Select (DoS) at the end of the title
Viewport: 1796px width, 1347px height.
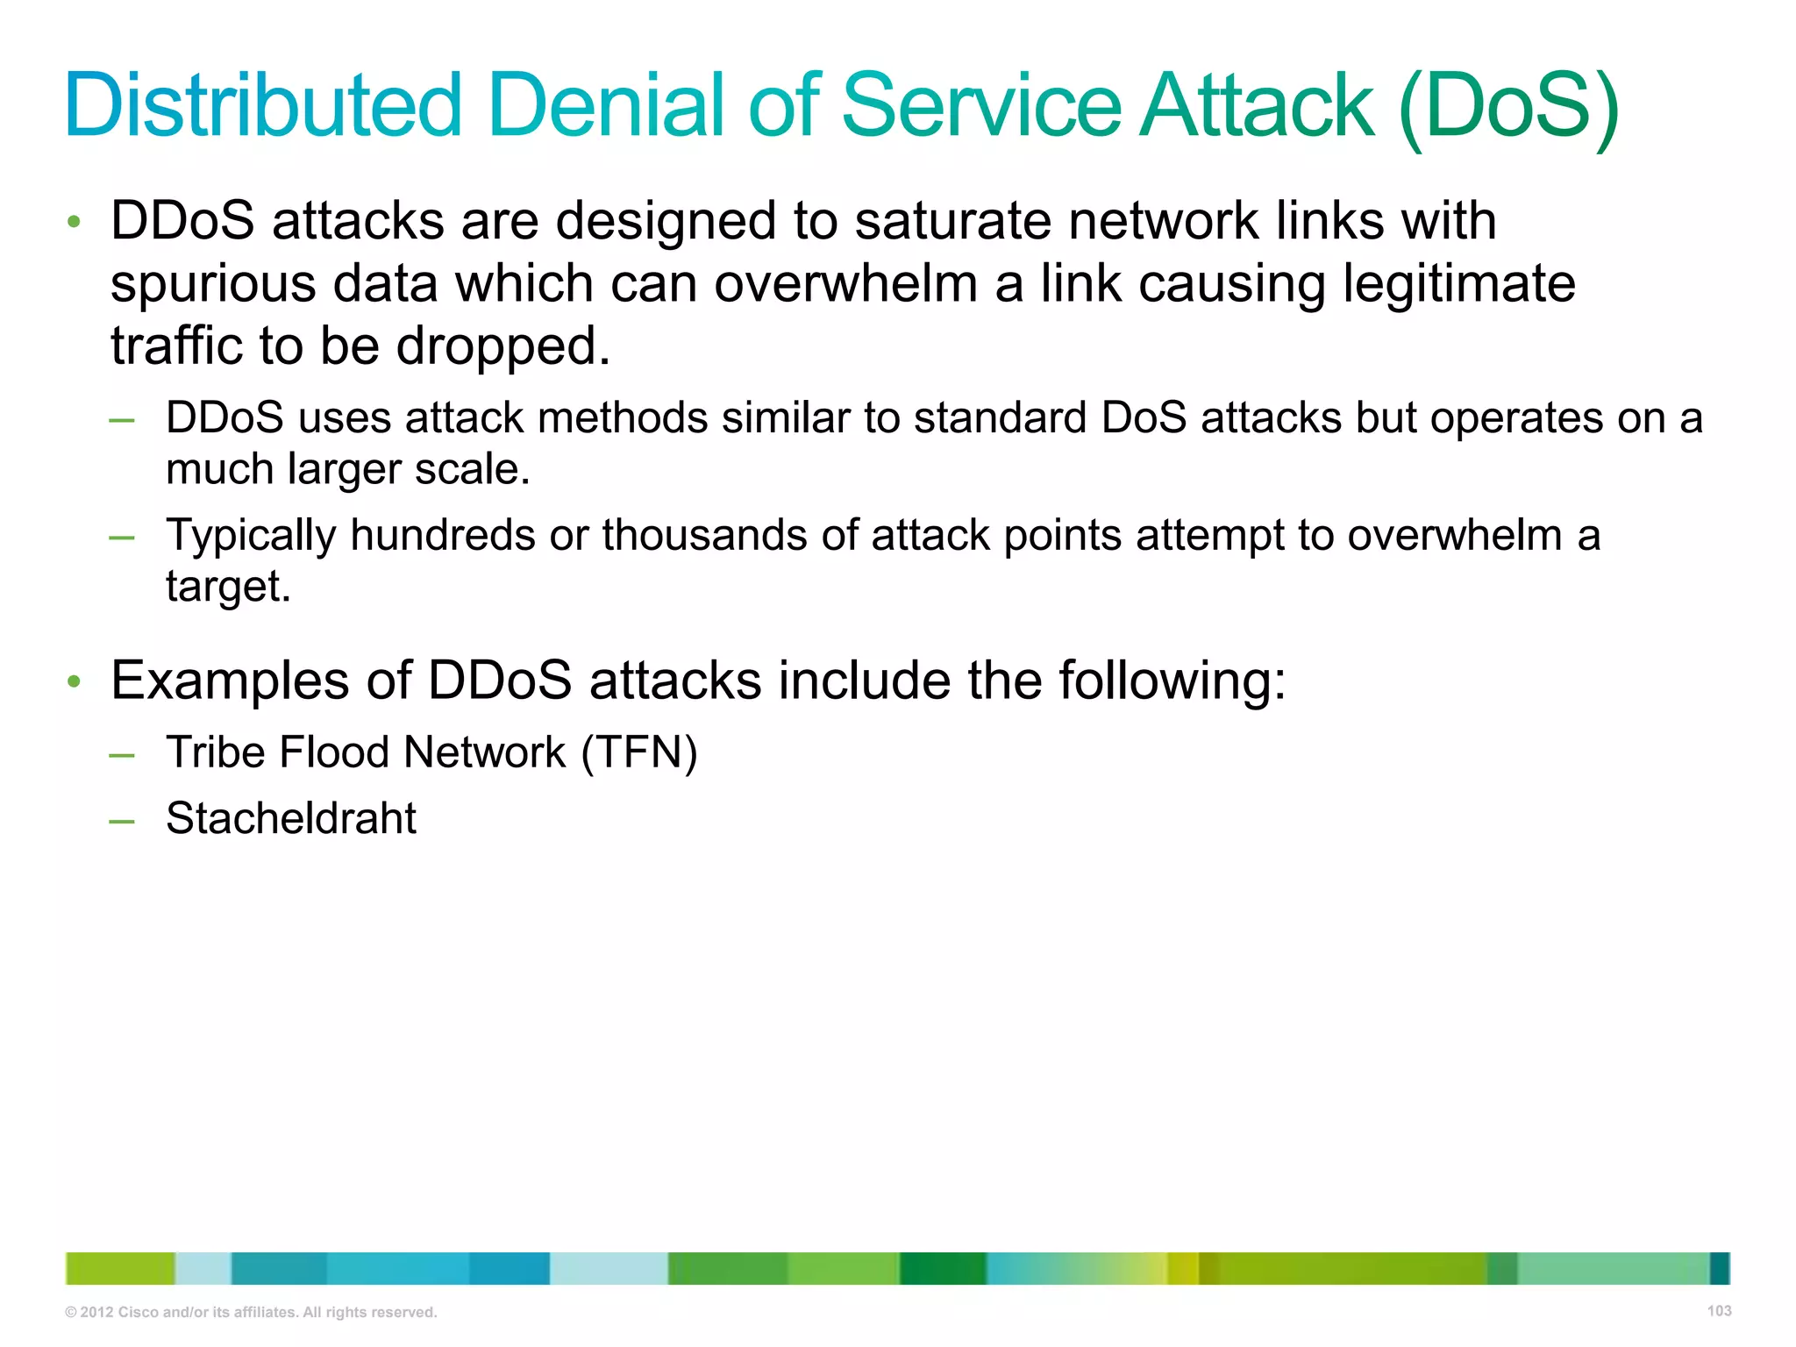pyautogui.click(x=1508, y=107)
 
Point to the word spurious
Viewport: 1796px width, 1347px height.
pyautogui.click(x=213, y=285)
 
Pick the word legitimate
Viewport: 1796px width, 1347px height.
pyautogui.click(x=1459, y=285)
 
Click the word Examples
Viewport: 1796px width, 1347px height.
pyautogui.click(x=230, y=681)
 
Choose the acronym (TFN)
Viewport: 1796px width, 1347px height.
pyautogui.click(x=639, y=752)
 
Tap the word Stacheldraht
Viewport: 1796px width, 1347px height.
pyautogui.click(x=291, y=818)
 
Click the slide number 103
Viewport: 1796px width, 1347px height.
pyautogui.click(x=1719, y=1311)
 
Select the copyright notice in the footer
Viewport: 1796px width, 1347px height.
pyautogui.click(x=251, y=1313)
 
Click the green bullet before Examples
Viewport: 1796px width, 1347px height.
pyautogui.click(x=75, y=681)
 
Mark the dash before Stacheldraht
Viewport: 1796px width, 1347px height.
pyautogui.click(x=122, y=821)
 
